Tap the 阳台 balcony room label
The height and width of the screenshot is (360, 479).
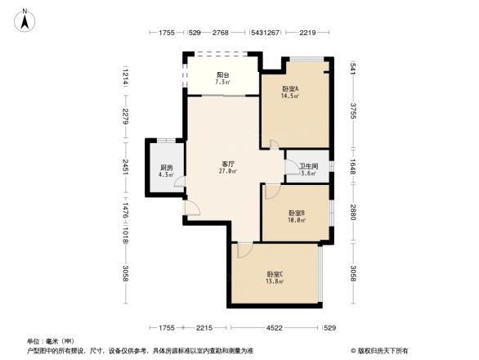(x=222, y=74)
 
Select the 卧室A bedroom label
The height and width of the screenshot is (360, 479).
(x=290, y=88)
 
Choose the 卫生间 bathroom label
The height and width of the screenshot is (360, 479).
(x=307, y=166)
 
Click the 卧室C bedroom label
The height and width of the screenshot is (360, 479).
(x=275, y=274)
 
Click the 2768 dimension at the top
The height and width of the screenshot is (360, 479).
(x=220, y=33)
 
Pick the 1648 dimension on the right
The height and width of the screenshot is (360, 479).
(x=354, y=165)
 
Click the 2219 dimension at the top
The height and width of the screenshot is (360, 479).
(x=307, y=33)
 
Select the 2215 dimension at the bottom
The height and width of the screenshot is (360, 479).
(x=204, y=328)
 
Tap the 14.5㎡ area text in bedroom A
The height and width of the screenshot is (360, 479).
(x=290, y=96)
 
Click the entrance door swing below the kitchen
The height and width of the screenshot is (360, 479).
(x=192, y=209)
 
